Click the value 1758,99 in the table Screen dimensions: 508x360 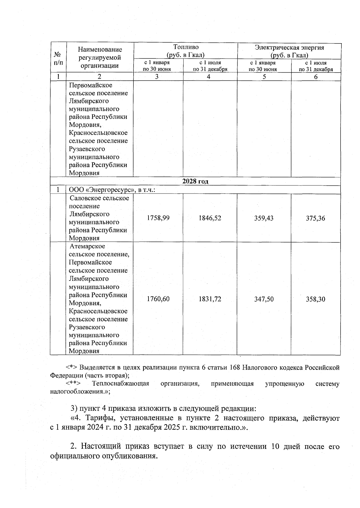pyautogui.click(x=158, y=218)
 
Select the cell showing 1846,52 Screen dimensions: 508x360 pyautogui.click(x=210, y=218)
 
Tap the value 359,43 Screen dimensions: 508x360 pyautogui.click(x=264, y=218)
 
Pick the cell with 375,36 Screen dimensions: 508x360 pyautogui.click(x=315, y=218)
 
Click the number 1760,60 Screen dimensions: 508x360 pyautogui.click(x=158, y=299)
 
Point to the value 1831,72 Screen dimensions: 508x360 pyautogui.click(x=210, y=299)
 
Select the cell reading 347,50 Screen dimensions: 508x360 pyautogui.click(x=264, y=299)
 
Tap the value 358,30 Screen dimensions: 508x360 pyautogui.click(x=315, y=299)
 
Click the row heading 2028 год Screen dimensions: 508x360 pyautogui.click(x=195, y=182)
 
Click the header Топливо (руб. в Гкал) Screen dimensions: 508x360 pyautogui.click(x=186, y=51)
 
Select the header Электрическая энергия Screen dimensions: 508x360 pyautogui.click(x=289, y=48)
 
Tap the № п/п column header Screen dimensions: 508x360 pyautogui.click(x=58, y=59)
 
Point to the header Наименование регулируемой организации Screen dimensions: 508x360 pyautogui.click(x=100, y=58)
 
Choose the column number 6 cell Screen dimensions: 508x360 pyautogui.click(x=316, y=77)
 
